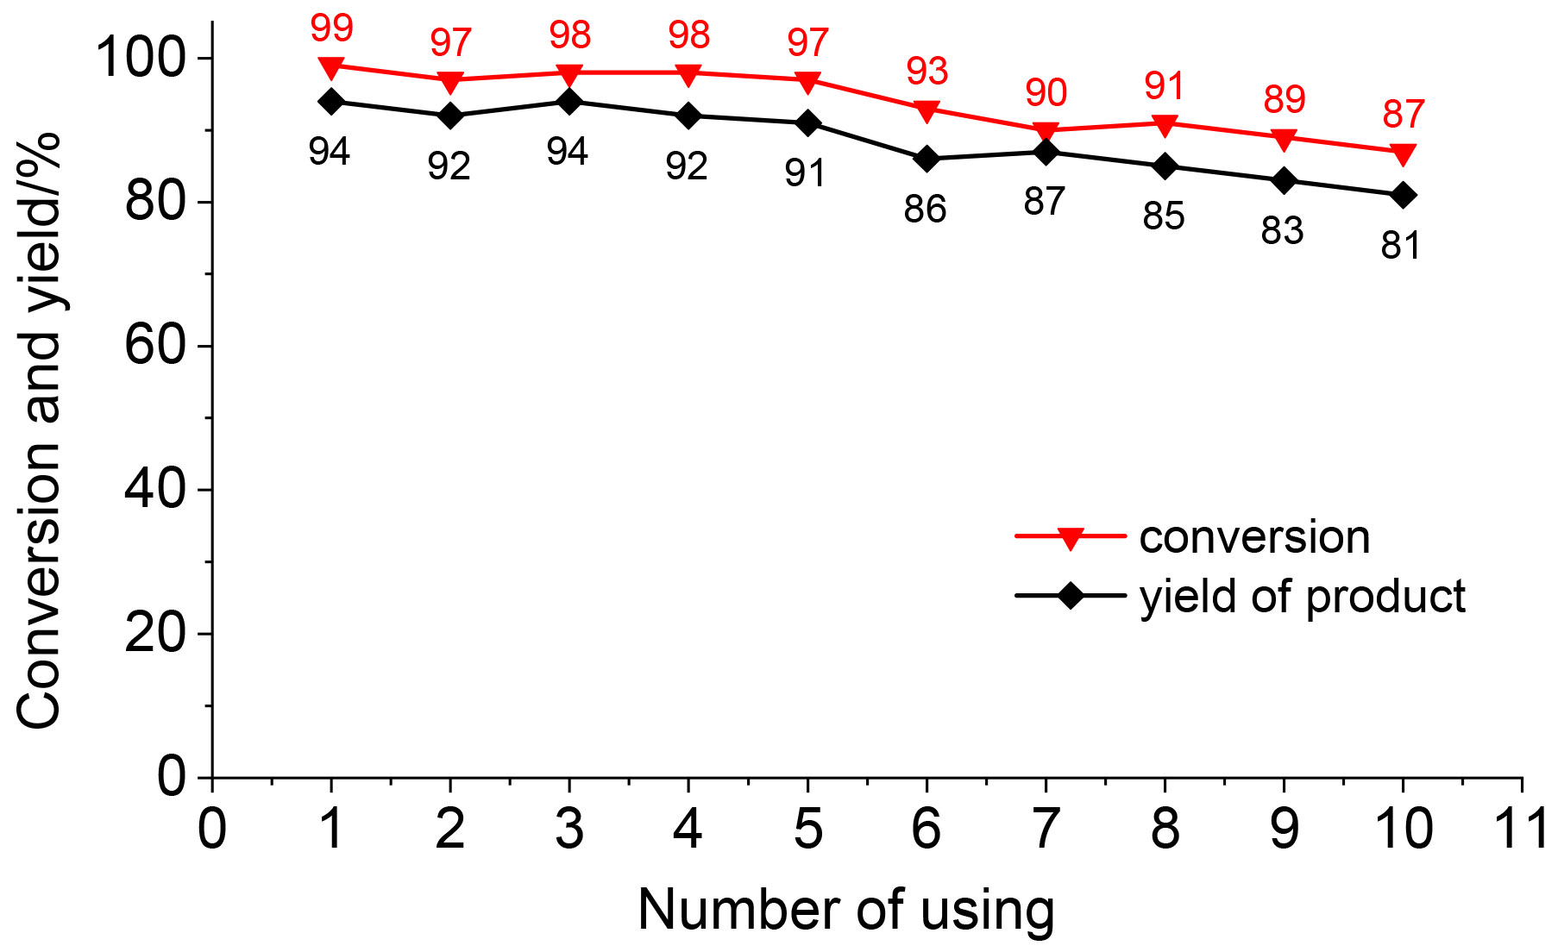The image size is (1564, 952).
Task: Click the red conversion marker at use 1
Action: click(x=331, y=67)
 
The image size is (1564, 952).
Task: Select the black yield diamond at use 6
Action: click(x=927, y=159)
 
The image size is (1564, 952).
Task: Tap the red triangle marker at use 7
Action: click(x=1046, y=132)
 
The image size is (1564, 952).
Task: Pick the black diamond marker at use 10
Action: click(x=1404, y=195)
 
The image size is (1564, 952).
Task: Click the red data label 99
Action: click(x=332, y=28)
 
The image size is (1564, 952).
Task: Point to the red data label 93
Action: click(x=927, y=72)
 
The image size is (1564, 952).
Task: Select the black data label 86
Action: click(x=925, y=210)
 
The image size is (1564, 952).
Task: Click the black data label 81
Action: click(x=1401, y=246)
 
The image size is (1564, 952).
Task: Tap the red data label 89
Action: click(x=1284, y=100)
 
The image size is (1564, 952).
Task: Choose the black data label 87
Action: click(x=1045, y=202)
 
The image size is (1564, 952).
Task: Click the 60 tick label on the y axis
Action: click(x=155, y=346)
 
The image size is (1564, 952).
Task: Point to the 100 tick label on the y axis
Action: click(x=140, y=59)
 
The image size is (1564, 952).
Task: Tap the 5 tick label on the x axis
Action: click(x=807, y=829)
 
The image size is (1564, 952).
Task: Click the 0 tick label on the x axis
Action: click(x=212, y=829)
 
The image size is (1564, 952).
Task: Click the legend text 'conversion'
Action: click(x=1254, y=537)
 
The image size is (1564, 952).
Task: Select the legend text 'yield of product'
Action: click(x=1302, y=597)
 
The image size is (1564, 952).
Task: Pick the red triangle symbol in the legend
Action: click(x=1071, y=538)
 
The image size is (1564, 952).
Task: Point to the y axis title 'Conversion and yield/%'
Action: click(x=39, y=431)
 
